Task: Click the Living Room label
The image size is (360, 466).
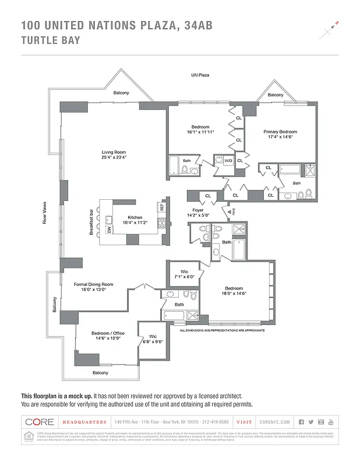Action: click(114, 152)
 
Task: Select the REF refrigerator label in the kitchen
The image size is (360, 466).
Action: click(161, 207)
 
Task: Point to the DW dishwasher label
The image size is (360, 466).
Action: click(110, 230)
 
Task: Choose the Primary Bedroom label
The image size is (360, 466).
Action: click(280, 132)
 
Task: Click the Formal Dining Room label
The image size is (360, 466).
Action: click(93, 284)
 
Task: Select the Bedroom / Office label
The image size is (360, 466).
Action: click(108, 334)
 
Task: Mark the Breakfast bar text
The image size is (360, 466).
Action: click(91, 222)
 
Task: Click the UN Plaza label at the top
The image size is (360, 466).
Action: click(200, 75)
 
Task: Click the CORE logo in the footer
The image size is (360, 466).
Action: click(40, 422)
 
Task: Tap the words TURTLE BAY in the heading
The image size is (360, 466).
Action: click(50, 40)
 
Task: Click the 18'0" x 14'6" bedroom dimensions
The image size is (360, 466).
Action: click(234, 293)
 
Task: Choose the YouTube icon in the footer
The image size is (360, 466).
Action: click(331, 422)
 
